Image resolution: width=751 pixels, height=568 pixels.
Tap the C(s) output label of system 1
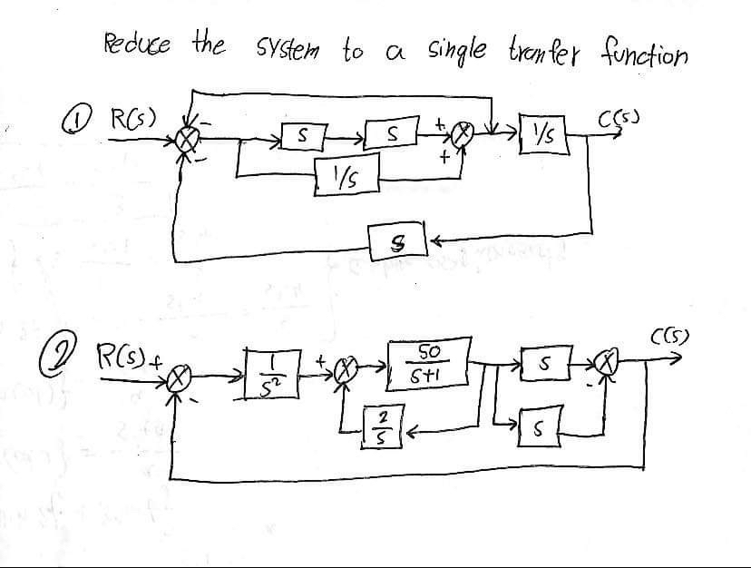point(636,117)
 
